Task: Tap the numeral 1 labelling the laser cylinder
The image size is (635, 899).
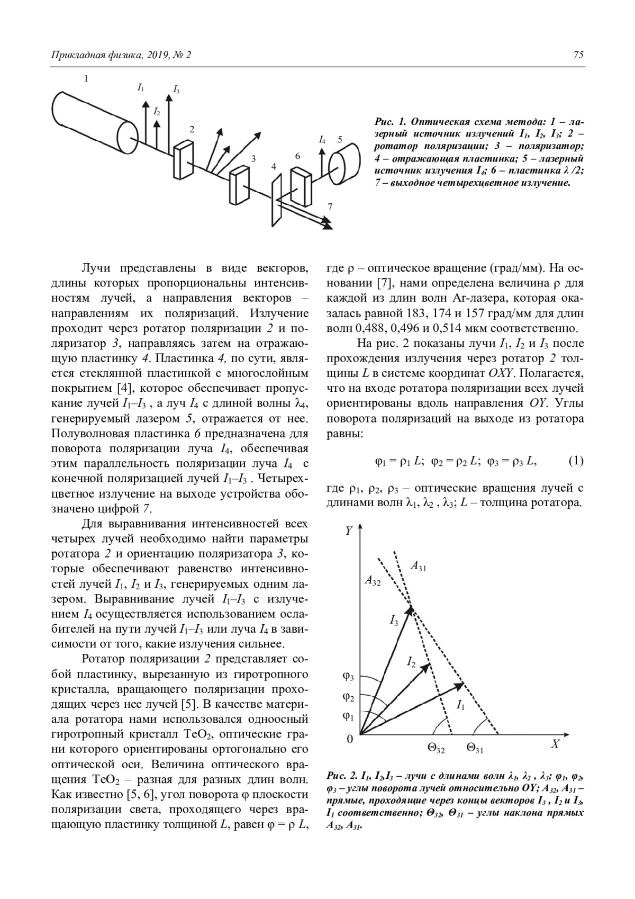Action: [x=86, y=79]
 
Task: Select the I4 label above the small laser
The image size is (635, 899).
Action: [x=322, y=140]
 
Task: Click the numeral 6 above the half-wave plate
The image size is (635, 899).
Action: [x=298, y=156]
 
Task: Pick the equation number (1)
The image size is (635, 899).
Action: [x=576, y=461]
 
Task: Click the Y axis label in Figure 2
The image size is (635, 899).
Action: [x=349, y=531]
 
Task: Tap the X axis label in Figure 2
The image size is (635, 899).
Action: [x=555, y=744]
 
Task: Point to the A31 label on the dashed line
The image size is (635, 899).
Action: [x=419, y=568]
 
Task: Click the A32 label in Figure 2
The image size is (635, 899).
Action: [x=373, y=580]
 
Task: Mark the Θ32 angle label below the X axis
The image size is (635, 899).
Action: [x=436, y=749]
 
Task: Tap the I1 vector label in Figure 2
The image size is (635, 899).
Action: [x=460, y=705]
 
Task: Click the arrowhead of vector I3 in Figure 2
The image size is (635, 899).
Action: [x=410, y=610]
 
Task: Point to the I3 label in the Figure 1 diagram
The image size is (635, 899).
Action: [x=176, y=89]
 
